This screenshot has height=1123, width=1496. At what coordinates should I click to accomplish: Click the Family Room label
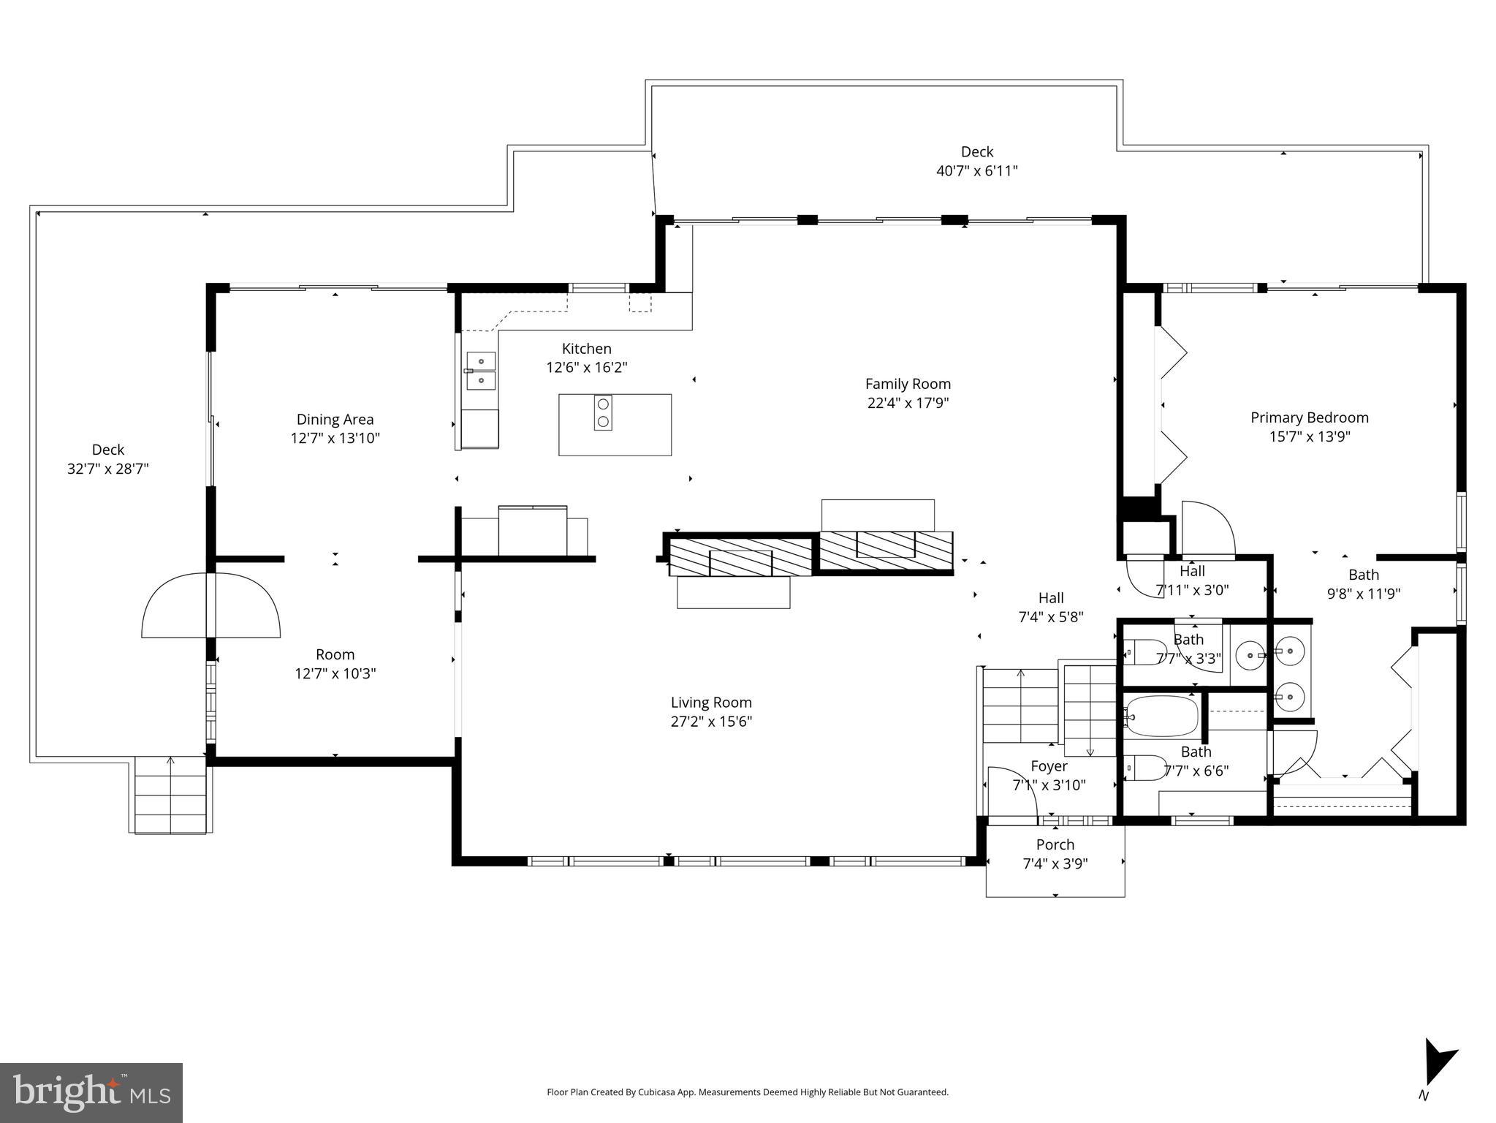(x=908, y=384)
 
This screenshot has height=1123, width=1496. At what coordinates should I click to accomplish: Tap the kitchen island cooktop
(x=603, y=413)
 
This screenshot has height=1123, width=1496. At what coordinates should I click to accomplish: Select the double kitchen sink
(x=481, y=371)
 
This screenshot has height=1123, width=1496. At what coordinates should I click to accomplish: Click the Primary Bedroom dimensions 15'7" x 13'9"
(x=1309, y=436)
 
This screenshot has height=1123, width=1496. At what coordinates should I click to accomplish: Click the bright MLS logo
(x=91, y=1092)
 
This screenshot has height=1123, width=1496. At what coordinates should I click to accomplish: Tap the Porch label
(x=1055, y=844)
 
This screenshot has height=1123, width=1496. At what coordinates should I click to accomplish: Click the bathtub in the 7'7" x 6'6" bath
(x=1162, y=716)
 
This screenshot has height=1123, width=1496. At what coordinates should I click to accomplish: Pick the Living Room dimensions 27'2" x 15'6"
(x=711, y=722)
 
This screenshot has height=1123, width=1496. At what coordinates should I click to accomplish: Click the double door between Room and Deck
(x=210, y=605)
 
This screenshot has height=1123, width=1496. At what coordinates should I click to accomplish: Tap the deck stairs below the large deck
(x=172, y=795)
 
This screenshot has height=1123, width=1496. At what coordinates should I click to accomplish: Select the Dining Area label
(x=335, y=419)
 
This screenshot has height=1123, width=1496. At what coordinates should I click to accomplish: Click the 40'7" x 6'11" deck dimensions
(x=976, y=171)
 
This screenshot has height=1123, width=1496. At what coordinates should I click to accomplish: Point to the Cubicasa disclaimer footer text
(x=747, y=1092)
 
